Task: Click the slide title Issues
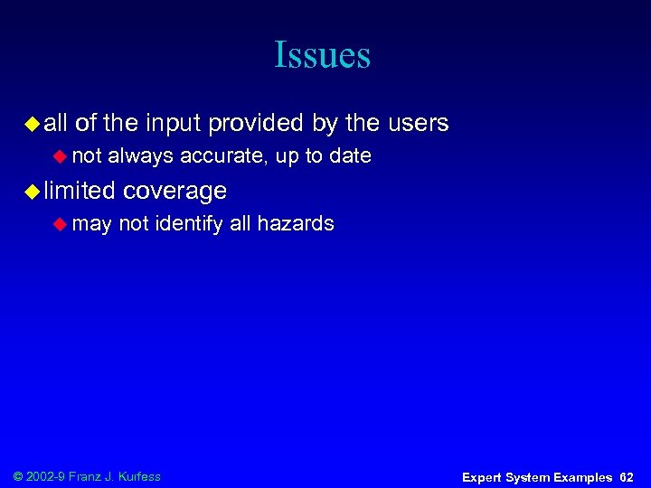click(x=323, y=55)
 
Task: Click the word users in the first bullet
click(x=419, y=123)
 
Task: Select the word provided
click(x=260, y=123)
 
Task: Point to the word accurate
click(x=222, y=156)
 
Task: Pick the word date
click(x=351, y=156)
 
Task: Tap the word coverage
click(x=175, y=191)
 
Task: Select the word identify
click(x=189, y=223)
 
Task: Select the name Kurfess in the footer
click(x=138, y=476)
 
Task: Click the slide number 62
click(x=627, y=477)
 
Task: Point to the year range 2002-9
click(x=49, y=476)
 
